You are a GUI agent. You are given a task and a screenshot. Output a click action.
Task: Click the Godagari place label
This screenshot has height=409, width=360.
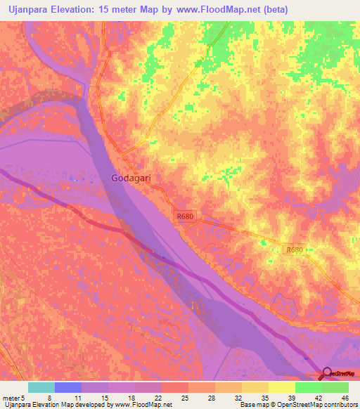pyautogui.click(x=131, y=178)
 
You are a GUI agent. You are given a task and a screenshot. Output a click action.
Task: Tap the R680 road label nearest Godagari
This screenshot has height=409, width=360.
pyautogui.click(x=185, y=216)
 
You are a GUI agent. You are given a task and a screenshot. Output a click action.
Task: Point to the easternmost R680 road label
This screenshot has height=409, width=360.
pyautogui.click(x=295, y=249)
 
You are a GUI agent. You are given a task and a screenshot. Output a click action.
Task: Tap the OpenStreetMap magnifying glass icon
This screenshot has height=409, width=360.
pyautogui.click(x=327, y=372)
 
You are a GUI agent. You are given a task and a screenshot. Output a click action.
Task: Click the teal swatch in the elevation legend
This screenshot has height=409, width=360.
pyautogui.click(x=41, y=387)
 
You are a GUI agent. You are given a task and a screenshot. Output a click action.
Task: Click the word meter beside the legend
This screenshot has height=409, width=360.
pyautogui.click(x=10, y=397)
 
